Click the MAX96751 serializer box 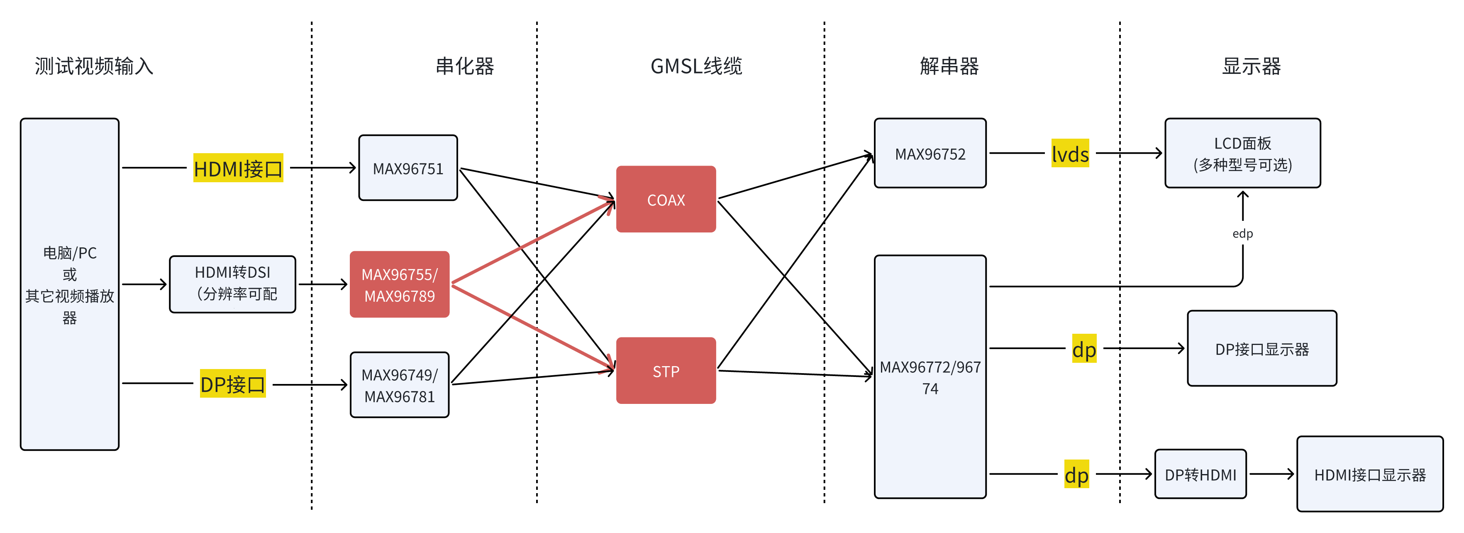coord(408,168)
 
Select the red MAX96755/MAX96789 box coord(400,285)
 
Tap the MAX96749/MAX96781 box coord(400,385)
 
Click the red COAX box coord(666,199)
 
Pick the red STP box coord(666,371)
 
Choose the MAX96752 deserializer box coord(930,154)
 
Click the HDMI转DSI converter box coord(232,284)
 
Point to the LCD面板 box coord(1242,154)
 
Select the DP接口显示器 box coord(1261,349)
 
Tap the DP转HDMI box coord(1200,474)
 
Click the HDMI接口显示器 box coord(1370,474)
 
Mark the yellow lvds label coord(1070,154)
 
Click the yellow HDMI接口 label coord(238,168)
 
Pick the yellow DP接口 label coord(232,384)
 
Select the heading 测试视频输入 coord(94,66)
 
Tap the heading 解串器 coord(949,66)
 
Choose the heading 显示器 coord(1252,66)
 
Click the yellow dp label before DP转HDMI coord(1076,474)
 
